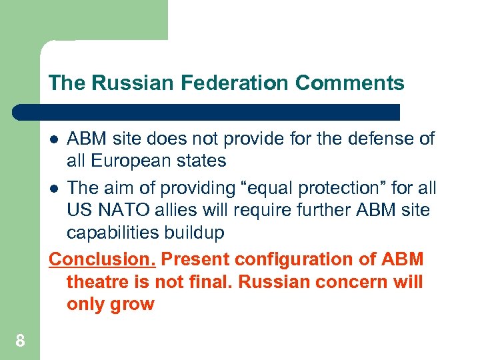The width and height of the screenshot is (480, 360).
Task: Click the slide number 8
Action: (x=21, y=341)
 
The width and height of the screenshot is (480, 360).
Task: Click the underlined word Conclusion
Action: (x=103, y=259)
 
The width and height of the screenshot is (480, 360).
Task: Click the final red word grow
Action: (x=134, y=304)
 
